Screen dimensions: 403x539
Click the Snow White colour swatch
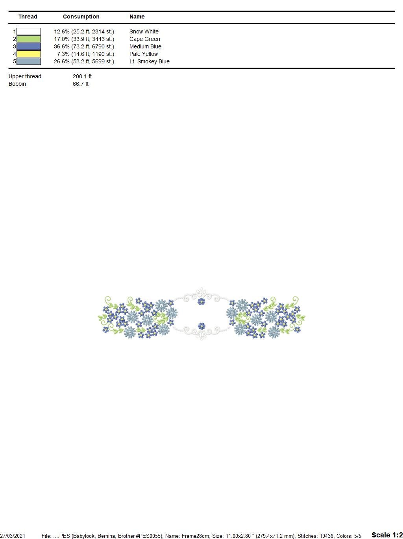pyautogui.click(x=28, y=31)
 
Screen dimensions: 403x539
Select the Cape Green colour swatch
pyautogui.click(x=28, y=39)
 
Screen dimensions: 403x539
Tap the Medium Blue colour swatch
pyautogui.click(x=28, y=46)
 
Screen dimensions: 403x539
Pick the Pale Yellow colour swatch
pyautogui.click(x=28, y=54)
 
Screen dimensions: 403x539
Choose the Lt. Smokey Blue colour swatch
pyautogui.click(x=28, y=61)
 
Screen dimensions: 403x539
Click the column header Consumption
pyautogui.click(x=81, y=17)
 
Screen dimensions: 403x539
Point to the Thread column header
pyautogui.click(x=28, y=17)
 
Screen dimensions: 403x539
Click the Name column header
pyautogui.click(x=137, y=17)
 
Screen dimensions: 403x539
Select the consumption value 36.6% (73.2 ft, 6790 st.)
pyautogui.click(x=84, y=47)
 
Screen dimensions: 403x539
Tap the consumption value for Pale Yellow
pyautogui.click(x=85, y=54)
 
